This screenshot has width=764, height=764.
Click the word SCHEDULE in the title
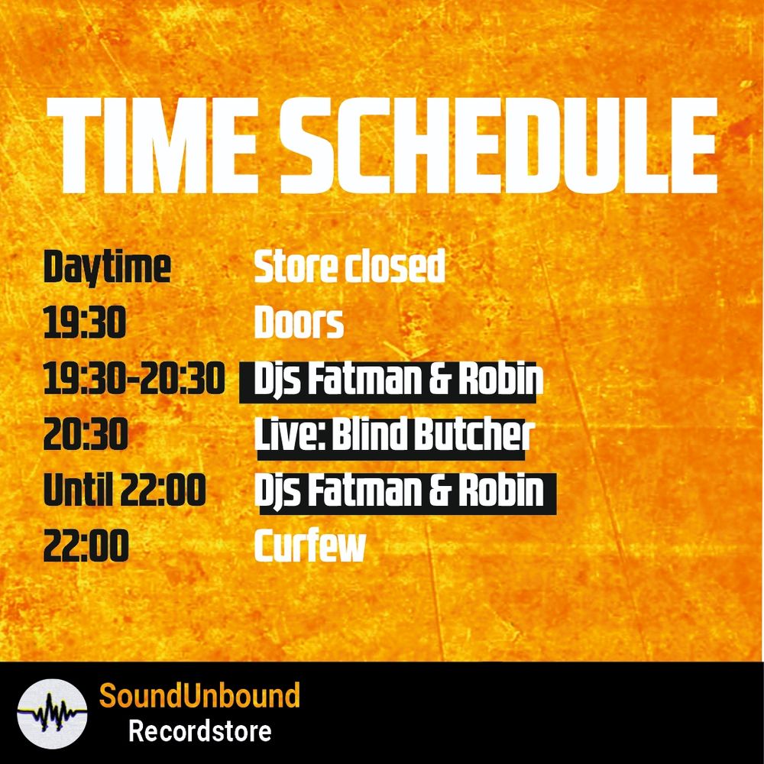498,145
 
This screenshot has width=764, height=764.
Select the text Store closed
349,266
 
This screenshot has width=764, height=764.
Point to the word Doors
299,322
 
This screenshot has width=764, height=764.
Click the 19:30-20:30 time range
134,378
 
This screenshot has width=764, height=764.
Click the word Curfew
310,545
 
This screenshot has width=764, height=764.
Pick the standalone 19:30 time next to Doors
85,322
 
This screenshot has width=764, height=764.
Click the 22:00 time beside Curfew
86,545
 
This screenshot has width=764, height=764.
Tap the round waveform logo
52,714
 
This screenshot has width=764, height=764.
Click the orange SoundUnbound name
199,695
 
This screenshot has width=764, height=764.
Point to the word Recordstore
199,731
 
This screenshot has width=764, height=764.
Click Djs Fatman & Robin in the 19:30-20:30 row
399,379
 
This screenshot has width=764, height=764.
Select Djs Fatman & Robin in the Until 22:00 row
399,490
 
